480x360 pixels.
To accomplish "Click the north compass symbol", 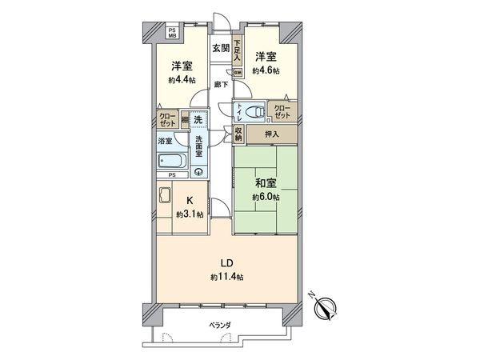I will [x=326, y=305].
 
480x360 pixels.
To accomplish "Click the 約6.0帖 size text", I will [x=265, y=197].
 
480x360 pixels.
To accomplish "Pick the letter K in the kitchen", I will [x=190, y=200].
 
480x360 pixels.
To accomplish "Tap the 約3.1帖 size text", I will [x=190, y=214].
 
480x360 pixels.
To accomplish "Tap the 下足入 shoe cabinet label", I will [x=238, y=50].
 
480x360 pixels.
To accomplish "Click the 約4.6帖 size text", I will [x=266, y=70].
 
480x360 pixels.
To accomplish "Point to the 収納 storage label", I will [x=238, y=134].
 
